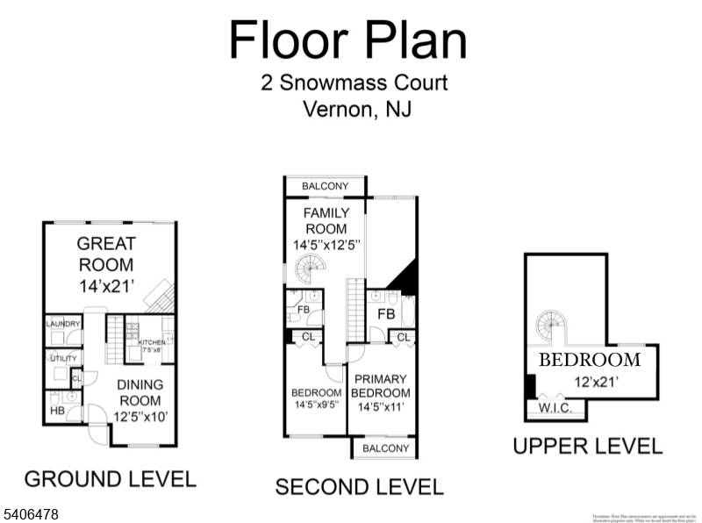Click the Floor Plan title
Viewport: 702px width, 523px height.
coord(347,40)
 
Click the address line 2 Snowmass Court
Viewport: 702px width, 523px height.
coord(354,83)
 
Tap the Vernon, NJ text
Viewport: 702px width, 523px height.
coord(356,111)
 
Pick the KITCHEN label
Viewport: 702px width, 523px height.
coord(152,342)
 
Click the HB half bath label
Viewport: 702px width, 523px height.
coord(57,410)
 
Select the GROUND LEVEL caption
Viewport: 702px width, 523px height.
coord(110,479)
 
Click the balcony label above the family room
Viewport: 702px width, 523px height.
coord(325,186)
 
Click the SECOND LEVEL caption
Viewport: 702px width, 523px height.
coord(360,486)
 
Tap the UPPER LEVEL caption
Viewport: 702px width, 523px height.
coord(588,446)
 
